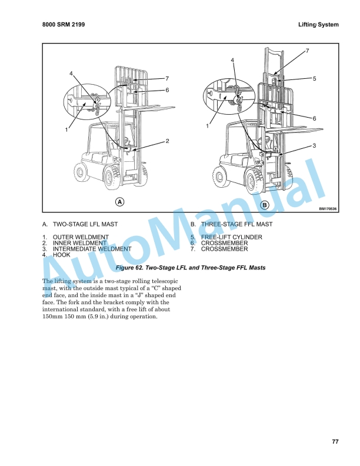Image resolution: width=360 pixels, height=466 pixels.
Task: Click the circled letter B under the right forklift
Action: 265,205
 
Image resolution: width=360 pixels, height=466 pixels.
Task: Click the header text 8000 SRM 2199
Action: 67,25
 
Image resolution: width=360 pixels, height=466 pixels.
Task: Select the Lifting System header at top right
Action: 319,25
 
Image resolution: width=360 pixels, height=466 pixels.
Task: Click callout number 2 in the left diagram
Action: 168,141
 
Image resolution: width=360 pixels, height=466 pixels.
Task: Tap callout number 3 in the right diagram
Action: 316,145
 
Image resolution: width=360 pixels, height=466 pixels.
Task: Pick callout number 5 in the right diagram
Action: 314,78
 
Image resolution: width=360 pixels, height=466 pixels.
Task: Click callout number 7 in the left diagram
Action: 167,78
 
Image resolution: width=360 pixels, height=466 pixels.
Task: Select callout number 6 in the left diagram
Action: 167,90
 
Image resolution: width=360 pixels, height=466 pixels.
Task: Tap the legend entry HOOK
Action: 61,255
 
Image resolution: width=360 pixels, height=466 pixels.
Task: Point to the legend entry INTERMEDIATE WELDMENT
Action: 92,249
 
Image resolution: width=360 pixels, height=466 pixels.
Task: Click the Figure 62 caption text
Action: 191,268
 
